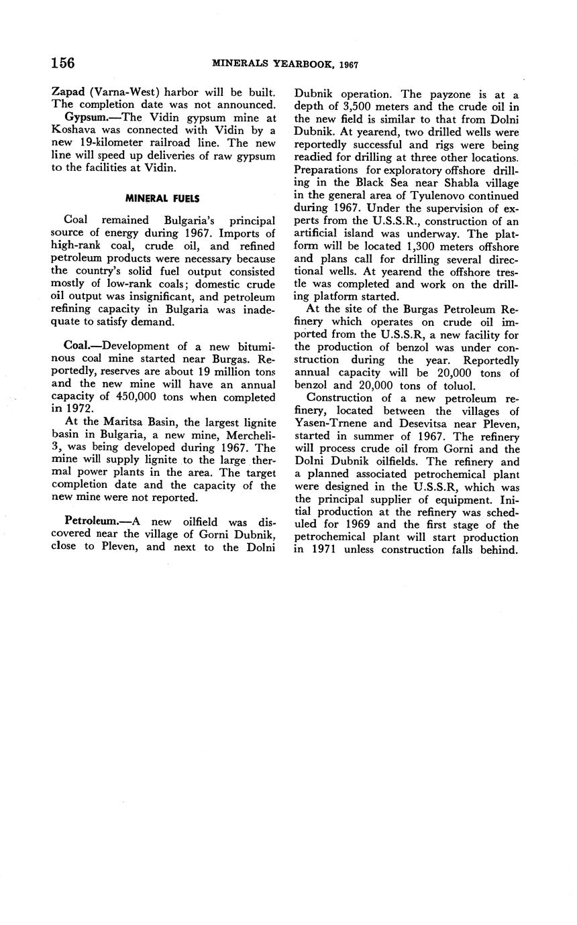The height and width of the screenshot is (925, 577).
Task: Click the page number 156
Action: click(62, 63)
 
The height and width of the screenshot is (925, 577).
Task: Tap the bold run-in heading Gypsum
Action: click(87, 117)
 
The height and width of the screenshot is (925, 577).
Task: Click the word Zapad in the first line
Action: click(68, 92)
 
